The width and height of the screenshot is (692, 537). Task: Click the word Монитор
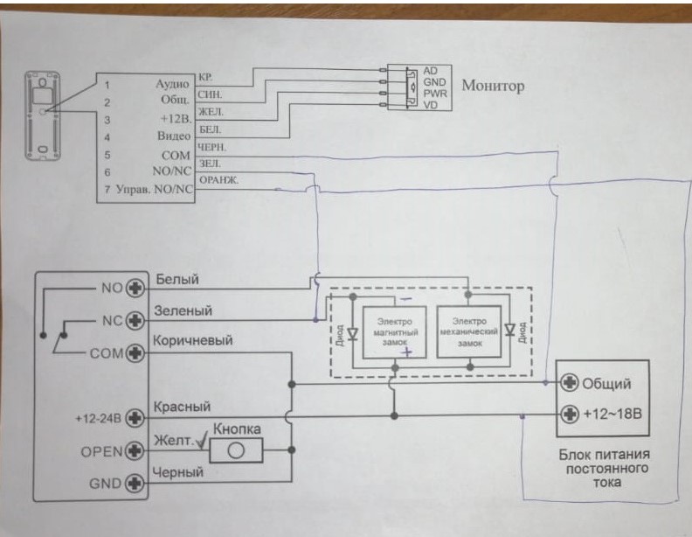click(493, 86)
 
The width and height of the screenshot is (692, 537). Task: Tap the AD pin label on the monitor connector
click(430, 70)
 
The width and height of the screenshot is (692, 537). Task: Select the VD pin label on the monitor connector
click(430, 105)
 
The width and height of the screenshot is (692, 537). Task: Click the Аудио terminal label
click(172, 84)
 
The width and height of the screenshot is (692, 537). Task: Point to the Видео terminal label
click(172, 136)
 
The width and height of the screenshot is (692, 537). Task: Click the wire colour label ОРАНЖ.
click(219, 181)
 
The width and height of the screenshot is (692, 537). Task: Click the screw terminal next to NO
click(135, 287)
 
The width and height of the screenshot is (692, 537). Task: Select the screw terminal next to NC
click(135, 320)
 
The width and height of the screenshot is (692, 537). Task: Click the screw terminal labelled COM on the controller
click(135, 354)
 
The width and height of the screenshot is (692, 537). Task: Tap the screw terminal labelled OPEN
click(135, 451)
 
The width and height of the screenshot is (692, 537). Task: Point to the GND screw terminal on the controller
click(135, 482)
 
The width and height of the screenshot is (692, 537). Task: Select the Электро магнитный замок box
click(394, 332)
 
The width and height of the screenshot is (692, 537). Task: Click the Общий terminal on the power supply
click(571, 383)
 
